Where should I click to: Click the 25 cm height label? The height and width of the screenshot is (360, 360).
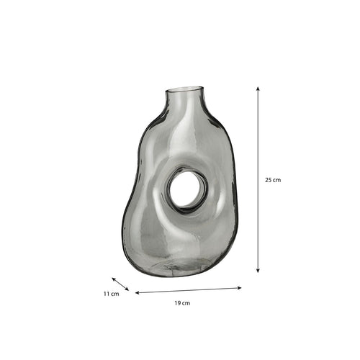(273, 180)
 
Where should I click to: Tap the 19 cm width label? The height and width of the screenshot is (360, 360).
(182, 303)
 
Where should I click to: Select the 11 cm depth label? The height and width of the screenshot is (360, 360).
(112, 294)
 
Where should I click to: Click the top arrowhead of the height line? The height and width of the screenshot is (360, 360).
(258, 89)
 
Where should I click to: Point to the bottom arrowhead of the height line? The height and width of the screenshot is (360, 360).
(258, 271)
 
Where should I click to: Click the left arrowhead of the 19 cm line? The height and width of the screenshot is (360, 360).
(138, 293)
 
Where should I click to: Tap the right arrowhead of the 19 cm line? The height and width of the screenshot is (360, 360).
(239, 288)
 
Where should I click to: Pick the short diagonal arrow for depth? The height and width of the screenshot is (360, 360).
(120, 284)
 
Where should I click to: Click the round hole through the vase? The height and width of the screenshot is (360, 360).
(185, 189)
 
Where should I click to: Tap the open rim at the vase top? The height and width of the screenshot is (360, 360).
(184, 89)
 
